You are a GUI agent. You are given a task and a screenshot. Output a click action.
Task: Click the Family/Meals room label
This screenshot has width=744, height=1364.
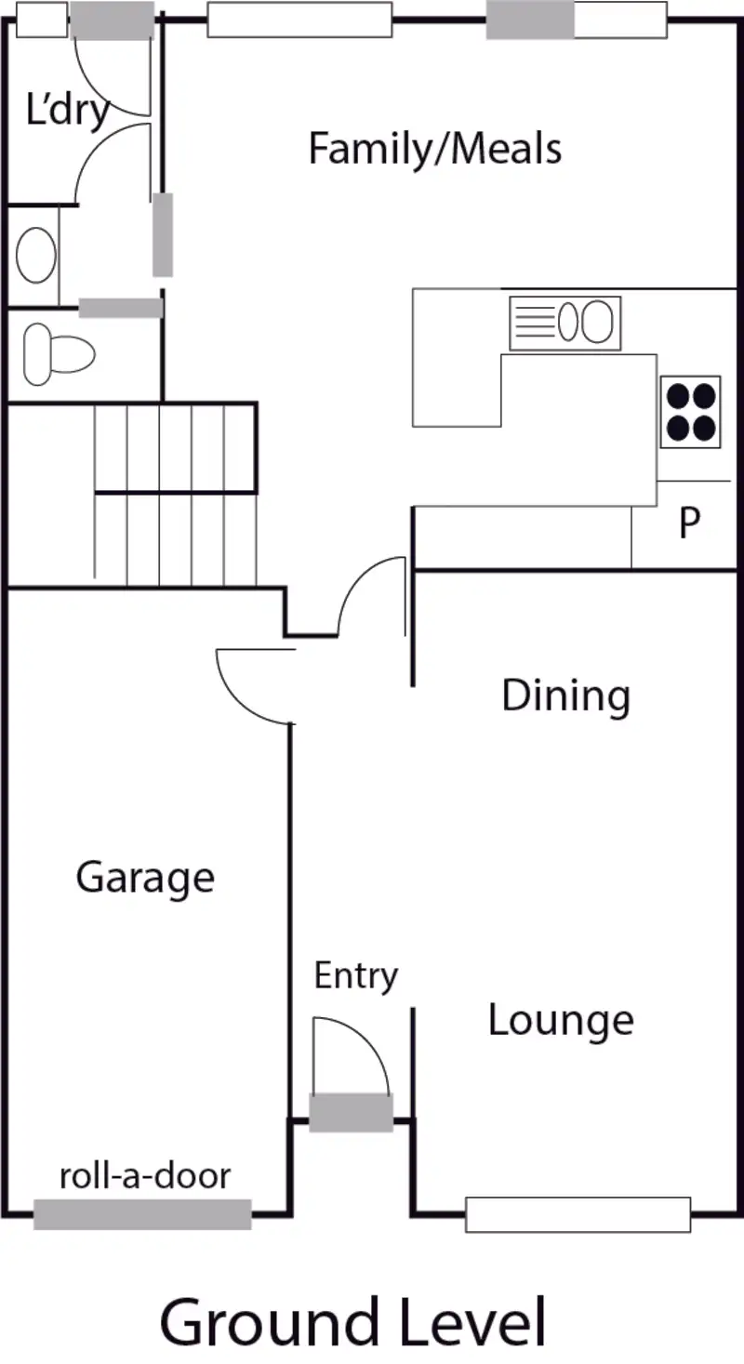434,149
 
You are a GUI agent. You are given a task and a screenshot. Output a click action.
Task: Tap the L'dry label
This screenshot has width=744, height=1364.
67,111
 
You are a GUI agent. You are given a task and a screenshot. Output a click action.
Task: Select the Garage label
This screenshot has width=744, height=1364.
145,877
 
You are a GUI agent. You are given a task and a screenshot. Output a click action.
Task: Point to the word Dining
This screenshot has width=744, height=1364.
565,695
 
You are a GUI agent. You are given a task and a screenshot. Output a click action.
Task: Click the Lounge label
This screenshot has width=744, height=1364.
561,1020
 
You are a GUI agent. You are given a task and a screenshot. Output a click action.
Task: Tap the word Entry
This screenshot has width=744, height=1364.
355,976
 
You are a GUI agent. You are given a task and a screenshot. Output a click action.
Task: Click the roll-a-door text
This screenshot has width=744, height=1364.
144,1176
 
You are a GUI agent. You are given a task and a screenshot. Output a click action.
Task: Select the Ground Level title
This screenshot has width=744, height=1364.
352,1322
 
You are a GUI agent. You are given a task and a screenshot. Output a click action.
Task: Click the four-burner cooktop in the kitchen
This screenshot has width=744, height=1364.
691,412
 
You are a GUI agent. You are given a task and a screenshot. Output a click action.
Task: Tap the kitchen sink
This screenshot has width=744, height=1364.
565,323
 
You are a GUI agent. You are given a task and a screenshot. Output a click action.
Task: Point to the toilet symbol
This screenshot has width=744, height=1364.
59,353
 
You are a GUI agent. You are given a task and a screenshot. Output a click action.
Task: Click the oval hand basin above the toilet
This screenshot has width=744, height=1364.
36,256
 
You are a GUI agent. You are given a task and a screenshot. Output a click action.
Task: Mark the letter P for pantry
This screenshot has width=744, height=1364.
688,523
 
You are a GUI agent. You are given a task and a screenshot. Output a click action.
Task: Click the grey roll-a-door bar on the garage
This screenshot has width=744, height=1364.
142,1213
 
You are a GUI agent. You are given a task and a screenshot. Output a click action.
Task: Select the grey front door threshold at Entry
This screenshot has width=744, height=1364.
351,1112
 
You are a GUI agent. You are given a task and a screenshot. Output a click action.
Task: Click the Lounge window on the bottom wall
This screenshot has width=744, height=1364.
578,1214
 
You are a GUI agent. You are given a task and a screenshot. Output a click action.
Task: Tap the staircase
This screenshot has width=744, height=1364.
175,493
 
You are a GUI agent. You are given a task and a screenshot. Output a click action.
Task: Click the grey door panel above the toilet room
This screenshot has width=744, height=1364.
121,308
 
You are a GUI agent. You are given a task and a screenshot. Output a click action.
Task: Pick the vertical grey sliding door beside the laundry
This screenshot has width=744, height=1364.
163,234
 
